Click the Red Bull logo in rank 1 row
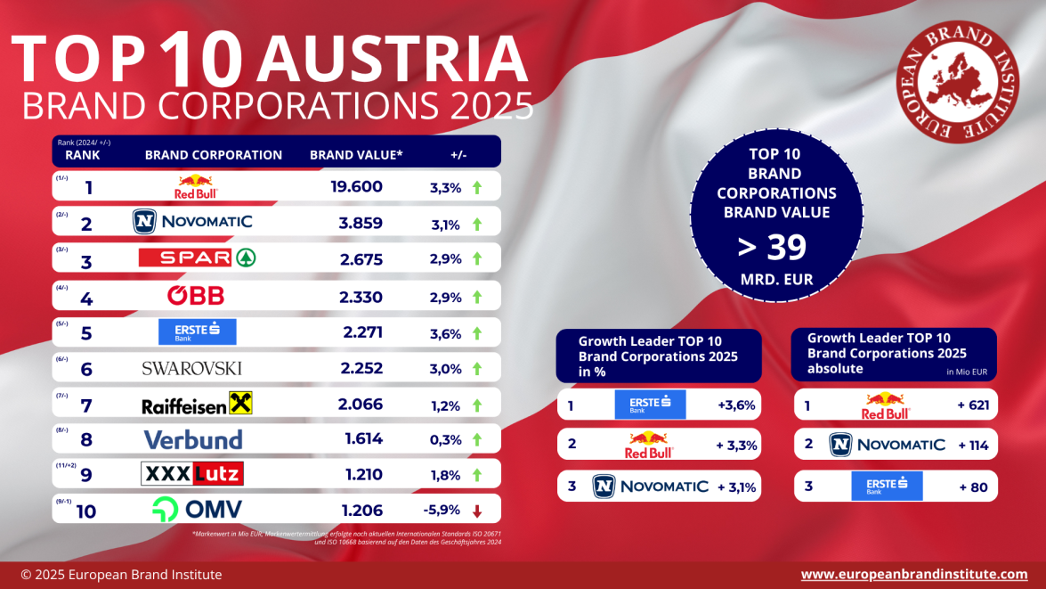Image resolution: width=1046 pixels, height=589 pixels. click(197, 186)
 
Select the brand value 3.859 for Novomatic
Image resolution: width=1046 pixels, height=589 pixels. click(361, 223)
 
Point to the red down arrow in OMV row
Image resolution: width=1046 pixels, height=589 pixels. click(477, 511)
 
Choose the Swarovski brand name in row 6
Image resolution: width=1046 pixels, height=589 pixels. click(191, 368)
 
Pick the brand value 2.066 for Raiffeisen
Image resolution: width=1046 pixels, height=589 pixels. click(361, 405)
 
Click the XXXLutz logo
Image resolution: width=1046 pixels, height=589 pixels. click(192, 474)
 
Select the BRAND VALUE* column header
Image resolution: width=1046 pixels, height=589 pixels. click(356, 155)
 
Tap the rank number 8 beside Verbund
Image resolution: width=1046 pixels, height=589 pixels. click(86, 440)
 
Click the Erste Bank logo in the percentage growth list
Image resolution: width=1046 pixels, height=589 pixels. click(651, 405)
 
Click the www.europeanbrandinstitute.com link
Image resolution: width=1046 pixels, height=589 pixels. click(914, 575)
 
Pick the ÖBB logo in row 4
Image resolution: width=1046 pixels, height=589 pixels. click(196, 296)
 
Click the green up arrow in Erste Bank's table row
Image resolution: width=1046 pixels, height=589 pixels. click(477, 333)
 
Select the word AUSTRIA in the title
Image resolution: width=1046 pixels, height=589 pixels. click(397, 58)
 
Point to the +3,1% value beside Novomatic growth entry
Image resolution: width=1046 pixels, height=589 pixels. click(735, 487)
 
